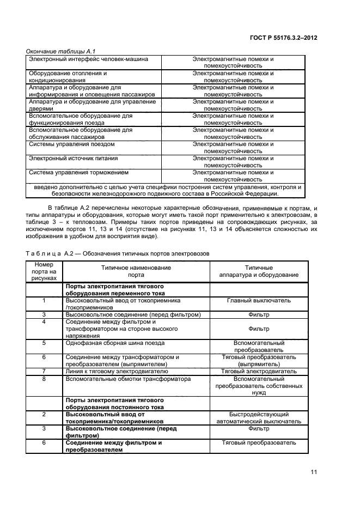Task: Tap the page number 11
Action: pos(313,472)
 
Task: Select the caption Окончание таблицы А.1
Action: pos(57,51)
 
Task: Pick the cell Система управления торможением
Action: pos(78,172)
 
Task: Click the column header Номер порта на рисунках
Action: pos(44,271)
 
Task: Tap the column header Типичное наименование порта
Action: pos(136,271)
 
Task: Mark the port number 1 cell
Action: pos(44,300)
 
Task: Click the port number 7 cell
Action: pos(44,371)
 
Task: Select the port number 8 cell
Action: pos(44,378)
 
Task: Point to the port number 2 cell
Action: pos(44,414)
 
